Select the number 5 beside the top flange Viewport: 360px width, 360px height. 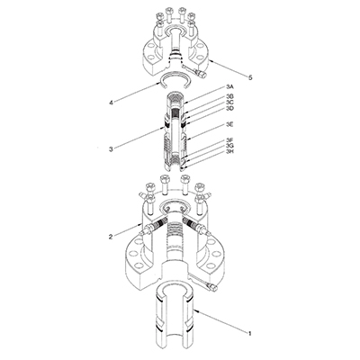(248, 78)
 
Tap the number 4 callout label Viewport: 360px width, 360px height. (110, 103)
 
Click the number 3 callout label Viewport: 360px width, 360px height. (110, 148)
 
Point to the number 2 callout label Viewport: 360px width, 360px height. (110, 238)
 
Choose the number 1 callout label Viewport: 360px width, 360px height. (248, 334)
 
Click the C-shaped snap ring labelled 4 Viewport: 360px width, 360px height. (172, 84)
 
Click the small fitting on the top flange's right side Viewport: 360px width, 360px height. (192, 65)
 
